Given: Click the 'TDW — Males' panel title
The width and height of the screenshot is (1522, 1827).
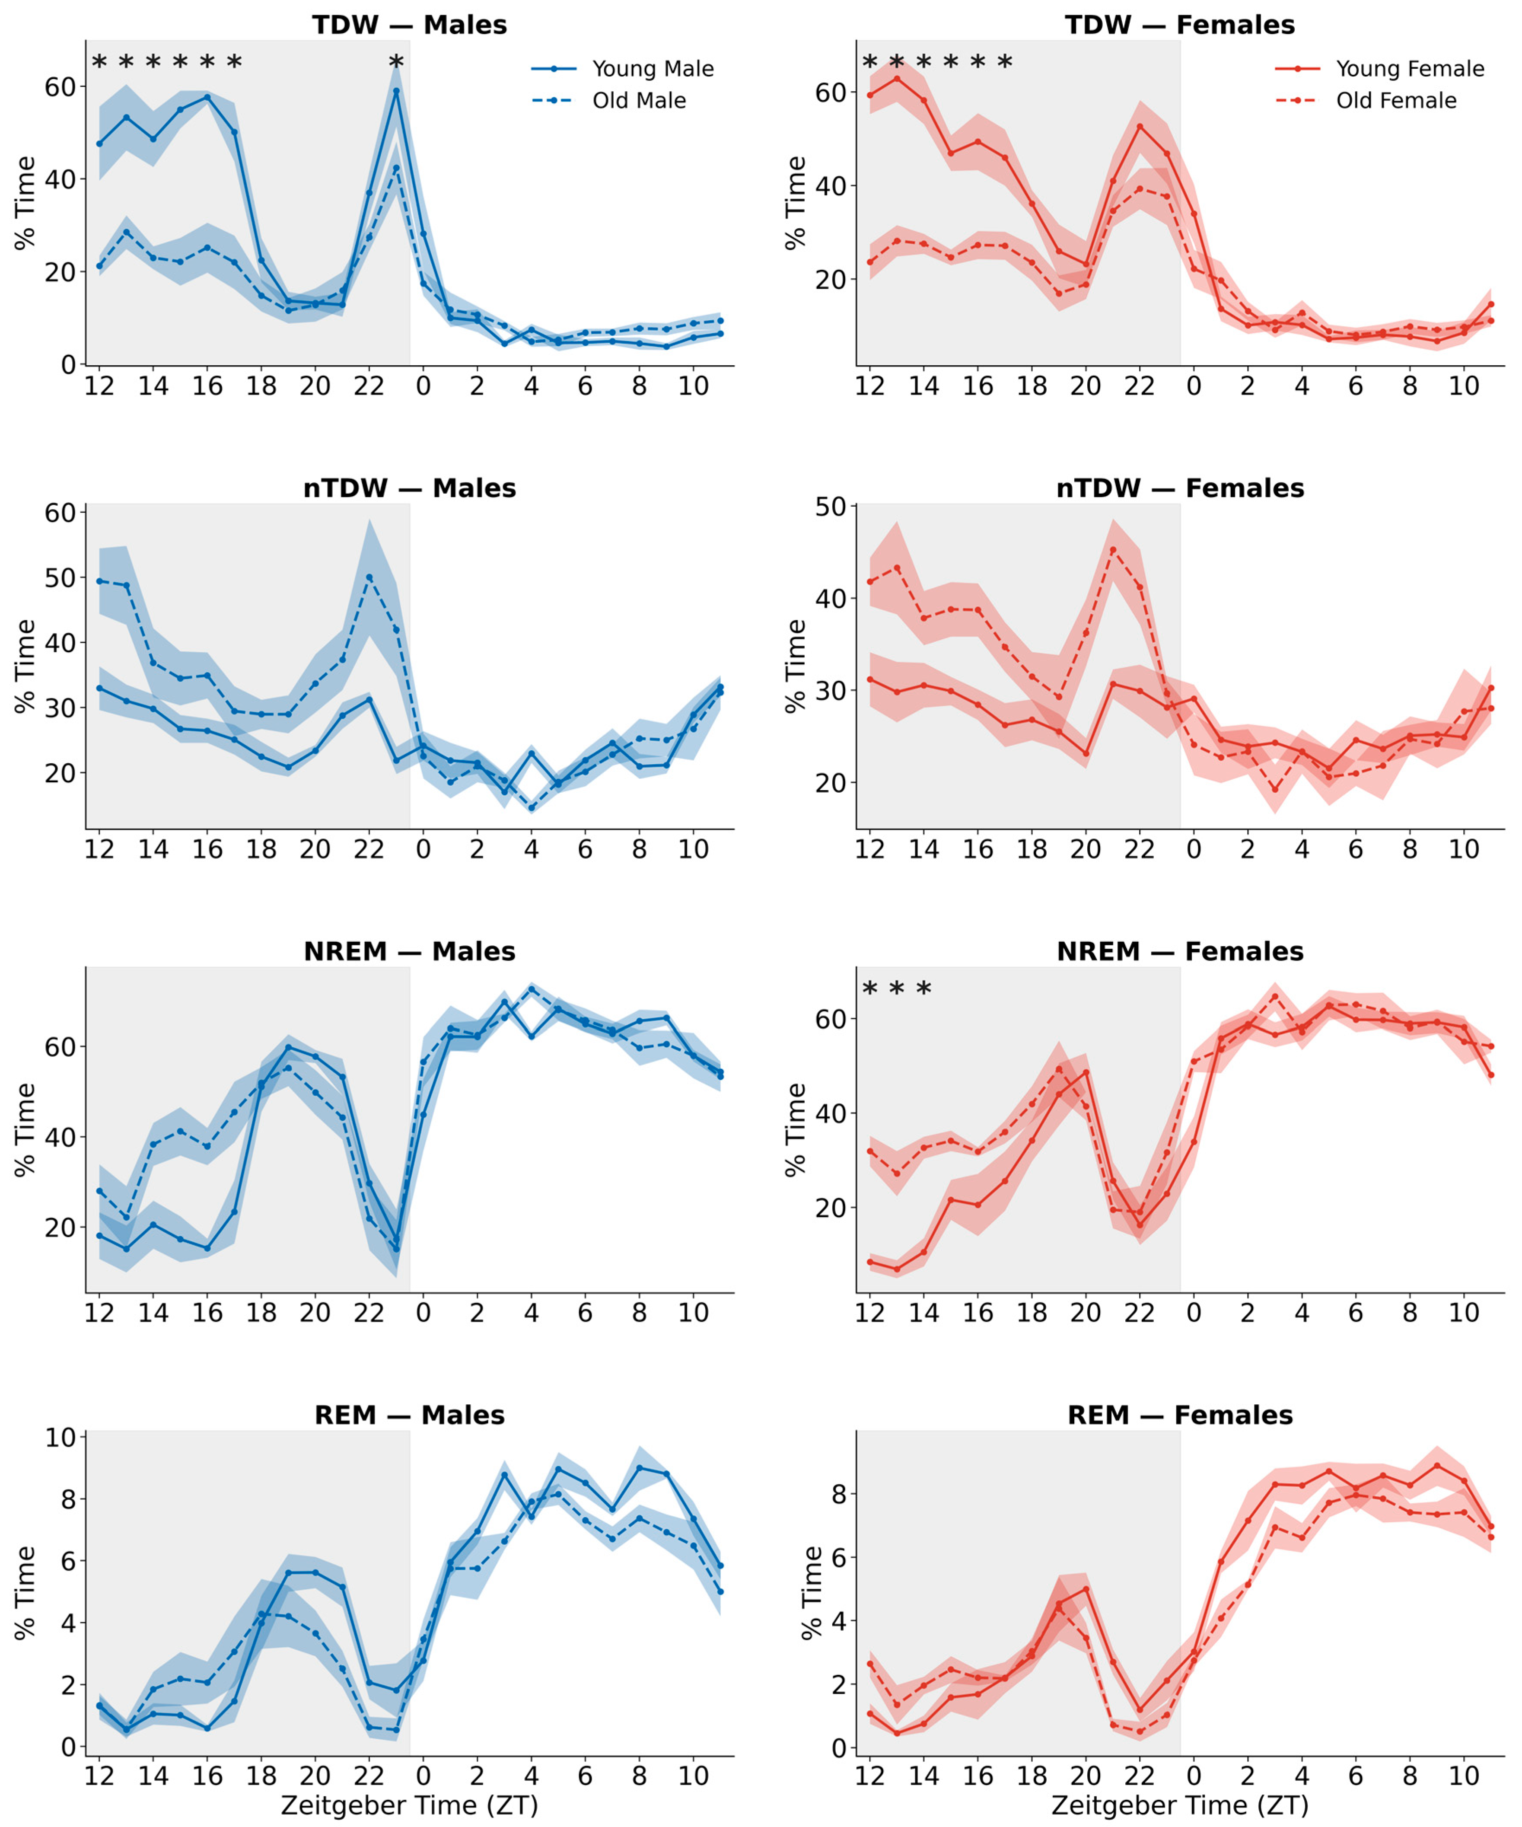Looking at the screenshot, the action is (x=410, y=25).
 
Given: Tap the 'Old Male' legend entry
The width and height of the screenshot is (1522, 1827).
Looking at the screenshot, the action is (x=609, y=101).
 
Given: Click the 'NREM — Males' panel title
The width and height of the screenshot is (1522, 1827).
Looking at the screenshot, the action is (x=410, y=952).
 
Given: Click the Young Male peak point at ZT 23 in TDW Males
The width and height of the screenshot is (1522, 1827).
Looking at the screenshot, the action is (x=396, y=90).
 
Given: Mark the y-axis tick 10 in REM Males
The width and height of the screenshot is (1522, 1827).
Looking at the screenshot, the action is (x=61, y=1437).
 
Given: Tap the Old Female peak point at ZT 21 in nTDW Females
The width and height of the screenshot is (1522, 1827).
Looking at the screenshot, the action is (x=1112, y=550).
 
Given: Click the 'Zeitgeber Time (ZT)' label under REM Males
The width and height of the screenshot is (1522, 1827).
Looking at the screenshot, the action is (x=410, y=1805).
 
